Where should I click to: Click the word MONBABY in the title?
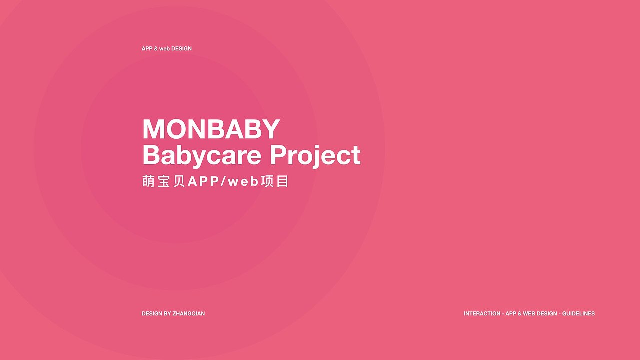(x=211, y=129)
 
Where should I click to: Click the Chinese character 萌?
(x=148, y=181)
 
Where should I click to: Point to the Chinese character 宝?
(x=164, y=181)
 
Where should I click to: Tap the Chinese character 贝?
(x=179, y=181)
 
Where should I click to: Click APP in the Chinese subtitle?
(x=203, y=181)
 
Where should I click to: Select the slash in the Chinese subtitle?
(x=223, y=182)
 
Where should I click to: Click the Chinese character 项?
(x=267, y=181)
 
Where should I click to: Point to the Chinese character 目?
(x=282, y=181)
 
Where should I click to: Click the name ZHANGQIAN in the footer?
(x=189, y=313)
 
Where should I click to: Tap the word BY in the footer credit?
(x=167, y=313)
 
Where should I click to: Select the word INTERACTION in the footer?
(x=482, y=313)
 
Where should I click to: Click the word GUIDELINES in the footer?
(x=578, y=313)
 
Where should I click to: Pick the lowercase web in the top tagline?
(x=164, y=49)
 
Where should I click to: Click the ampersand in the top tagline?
(x=156, y=49)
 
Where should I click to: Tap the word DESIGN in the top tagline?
(x=181, y=49)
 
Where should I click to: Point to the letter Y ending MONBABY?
(x=270, y=129)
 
